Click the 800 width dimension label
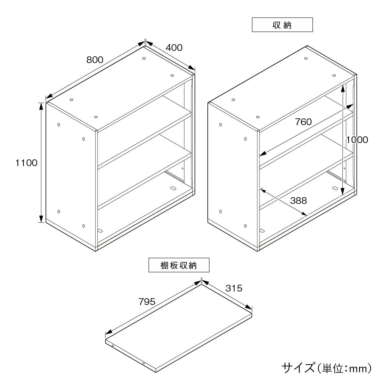(95, 60)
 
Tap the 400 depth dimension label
(174, 48)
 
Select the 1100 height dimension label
(26, 163)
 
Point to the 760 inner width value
(303, 122)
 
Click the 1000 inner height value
(357, 140)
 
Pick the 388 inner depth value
(298, 200)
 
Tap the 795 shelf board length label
(147, 302)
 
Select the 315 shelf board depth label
(234, 288)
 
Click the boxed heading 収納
(282, 25)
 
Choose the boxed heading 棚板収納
(179, 265)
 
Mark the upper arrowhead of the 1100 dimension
(41, 106)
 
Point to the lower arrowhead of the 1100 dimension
(41, 219)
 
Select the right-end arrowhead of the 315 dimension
(249, 307)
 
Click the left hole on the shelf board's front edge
(113, 346)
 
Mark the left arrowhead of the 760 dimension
(263, 154)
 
